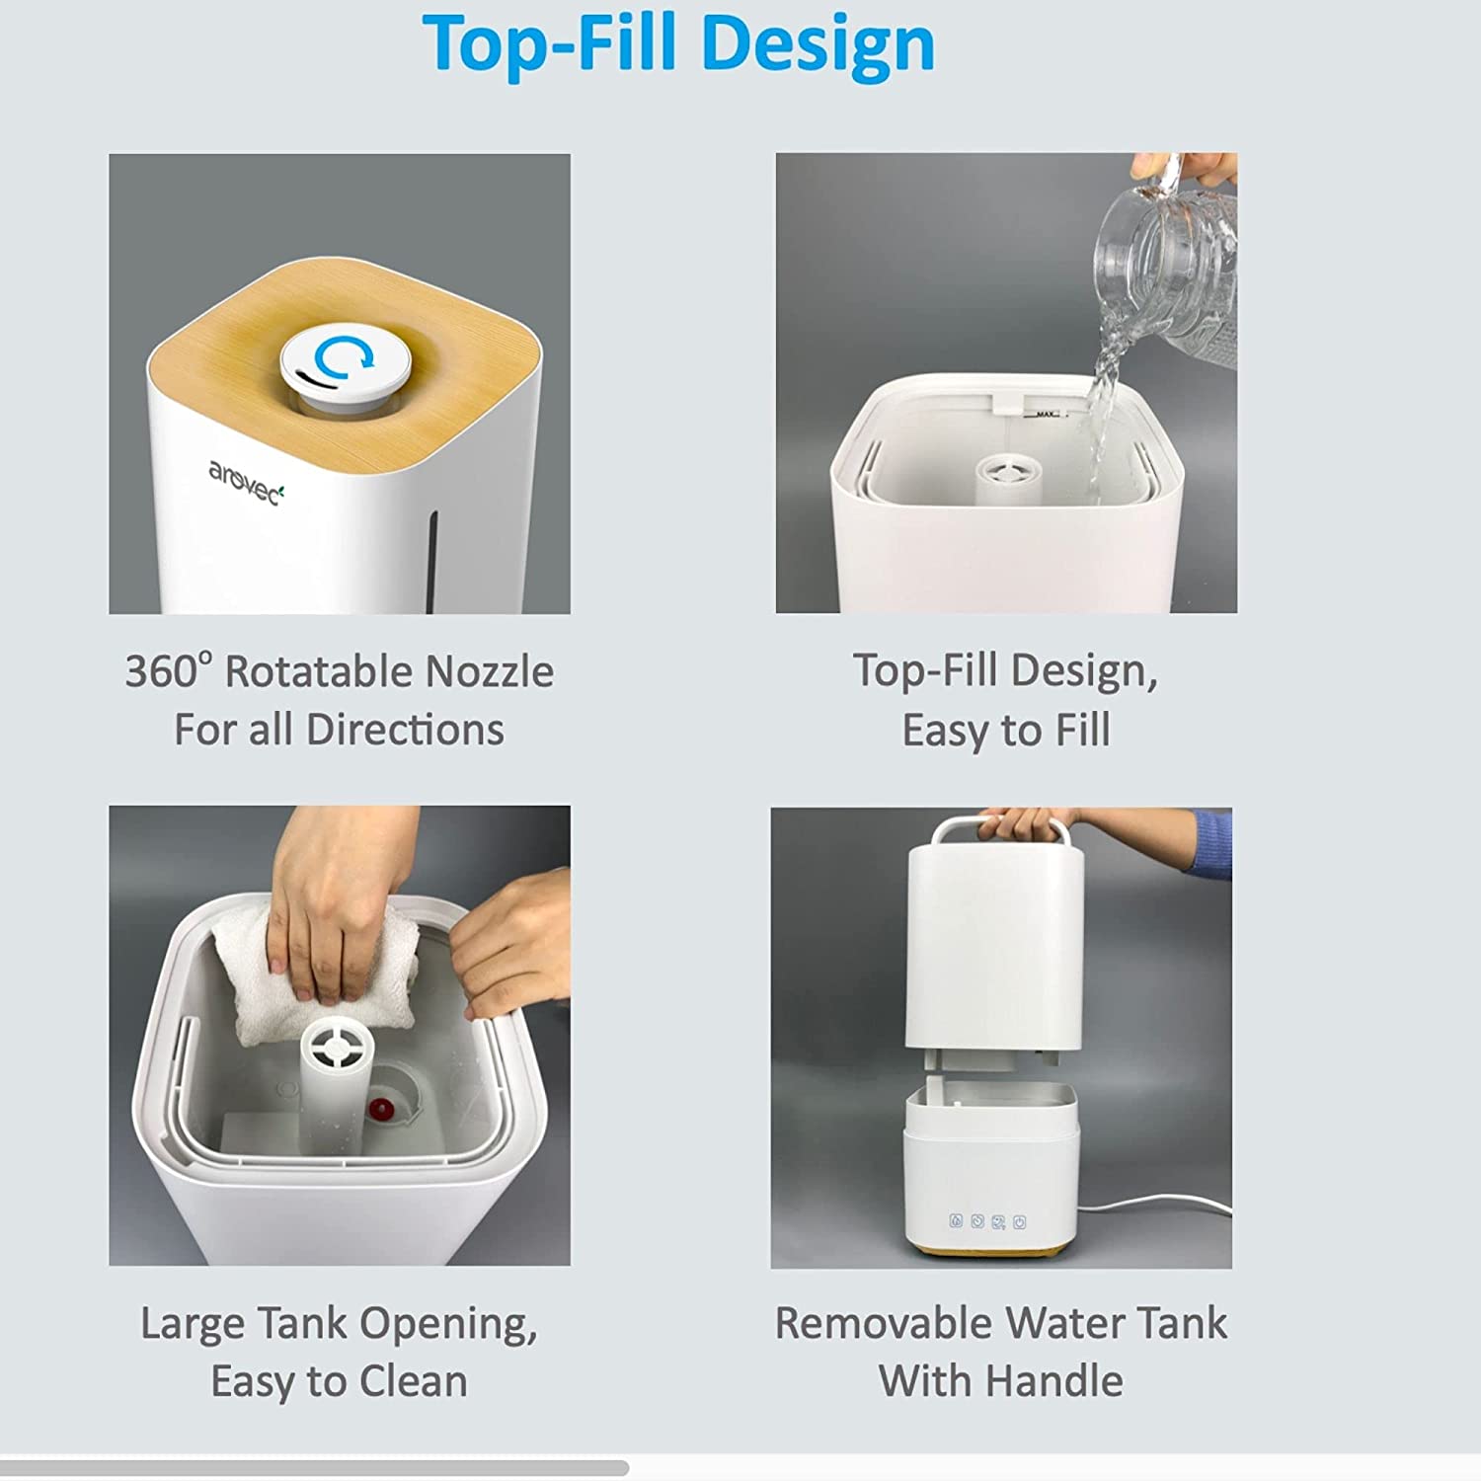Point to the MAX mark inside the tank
point(1046,415)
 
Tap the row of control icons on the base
point(987,1222)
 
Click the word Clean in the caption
point(413,1381)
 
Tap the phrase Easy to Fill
point(1005,731)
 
